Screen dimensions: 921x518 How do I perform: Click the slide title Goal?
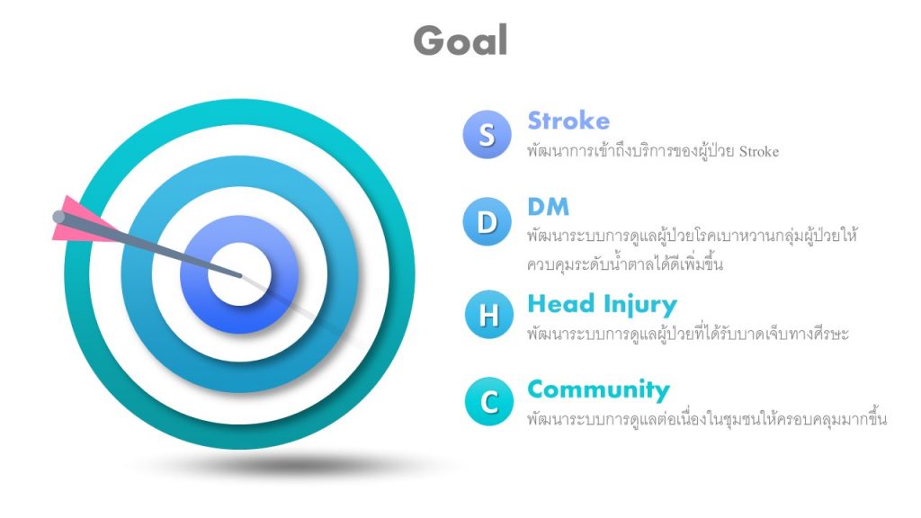pos(460,40)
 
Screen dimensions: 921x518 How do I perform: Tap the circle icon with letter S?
pos(487,135)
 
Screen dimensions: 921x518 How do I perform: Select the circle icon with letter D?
pos(487,221)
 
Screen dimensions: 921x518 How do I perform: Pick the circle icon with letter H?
pos(488,314)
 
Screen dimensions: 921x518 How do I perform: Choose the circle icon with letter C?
pos(488,402)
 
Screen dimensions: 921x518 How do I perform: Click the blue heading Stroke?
pos(568,121)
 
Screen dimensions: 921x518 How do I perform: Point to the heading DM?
pos(548,207)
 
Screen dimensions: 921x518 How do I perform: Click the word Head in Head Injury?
pos(561,304)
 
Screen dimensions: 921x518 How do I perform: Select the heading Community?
pos(598,390)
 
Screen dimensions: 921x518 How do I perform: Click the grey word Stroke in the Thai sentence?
pos(759,151)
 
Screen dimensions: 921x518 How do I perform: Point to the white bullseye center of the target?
pos(239,274)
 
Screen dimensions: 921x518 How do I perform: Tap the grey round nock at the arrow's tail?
pos(58,218)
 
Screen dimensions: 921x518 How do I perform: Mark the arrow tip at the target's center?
pos(240,275)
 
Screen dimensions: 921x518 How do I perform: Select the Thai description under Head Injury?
pos(688,334)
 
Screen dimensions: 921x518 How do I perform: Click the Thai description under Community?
pos(707,419)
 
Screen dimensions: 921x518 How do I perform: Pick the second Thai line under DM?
pos(624,263)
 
